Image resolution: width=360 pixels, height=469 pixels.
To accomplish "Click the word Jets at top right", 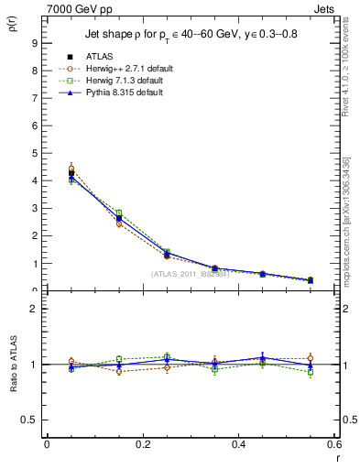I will pyautogui.click(x=327, y=7).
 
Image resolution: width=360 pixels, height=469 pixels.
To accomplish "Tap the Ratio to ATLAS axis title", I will pyautogui.click(x=13, y=365).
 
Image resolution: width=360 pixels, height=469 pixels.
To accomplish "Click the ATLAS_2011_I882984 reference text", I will pyautogui.click(x=191, y=273).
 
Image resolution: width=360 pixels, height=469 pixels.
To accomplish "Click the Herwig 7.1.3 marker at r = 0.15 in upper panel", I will pyautogui.click(x=119, y=213).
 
